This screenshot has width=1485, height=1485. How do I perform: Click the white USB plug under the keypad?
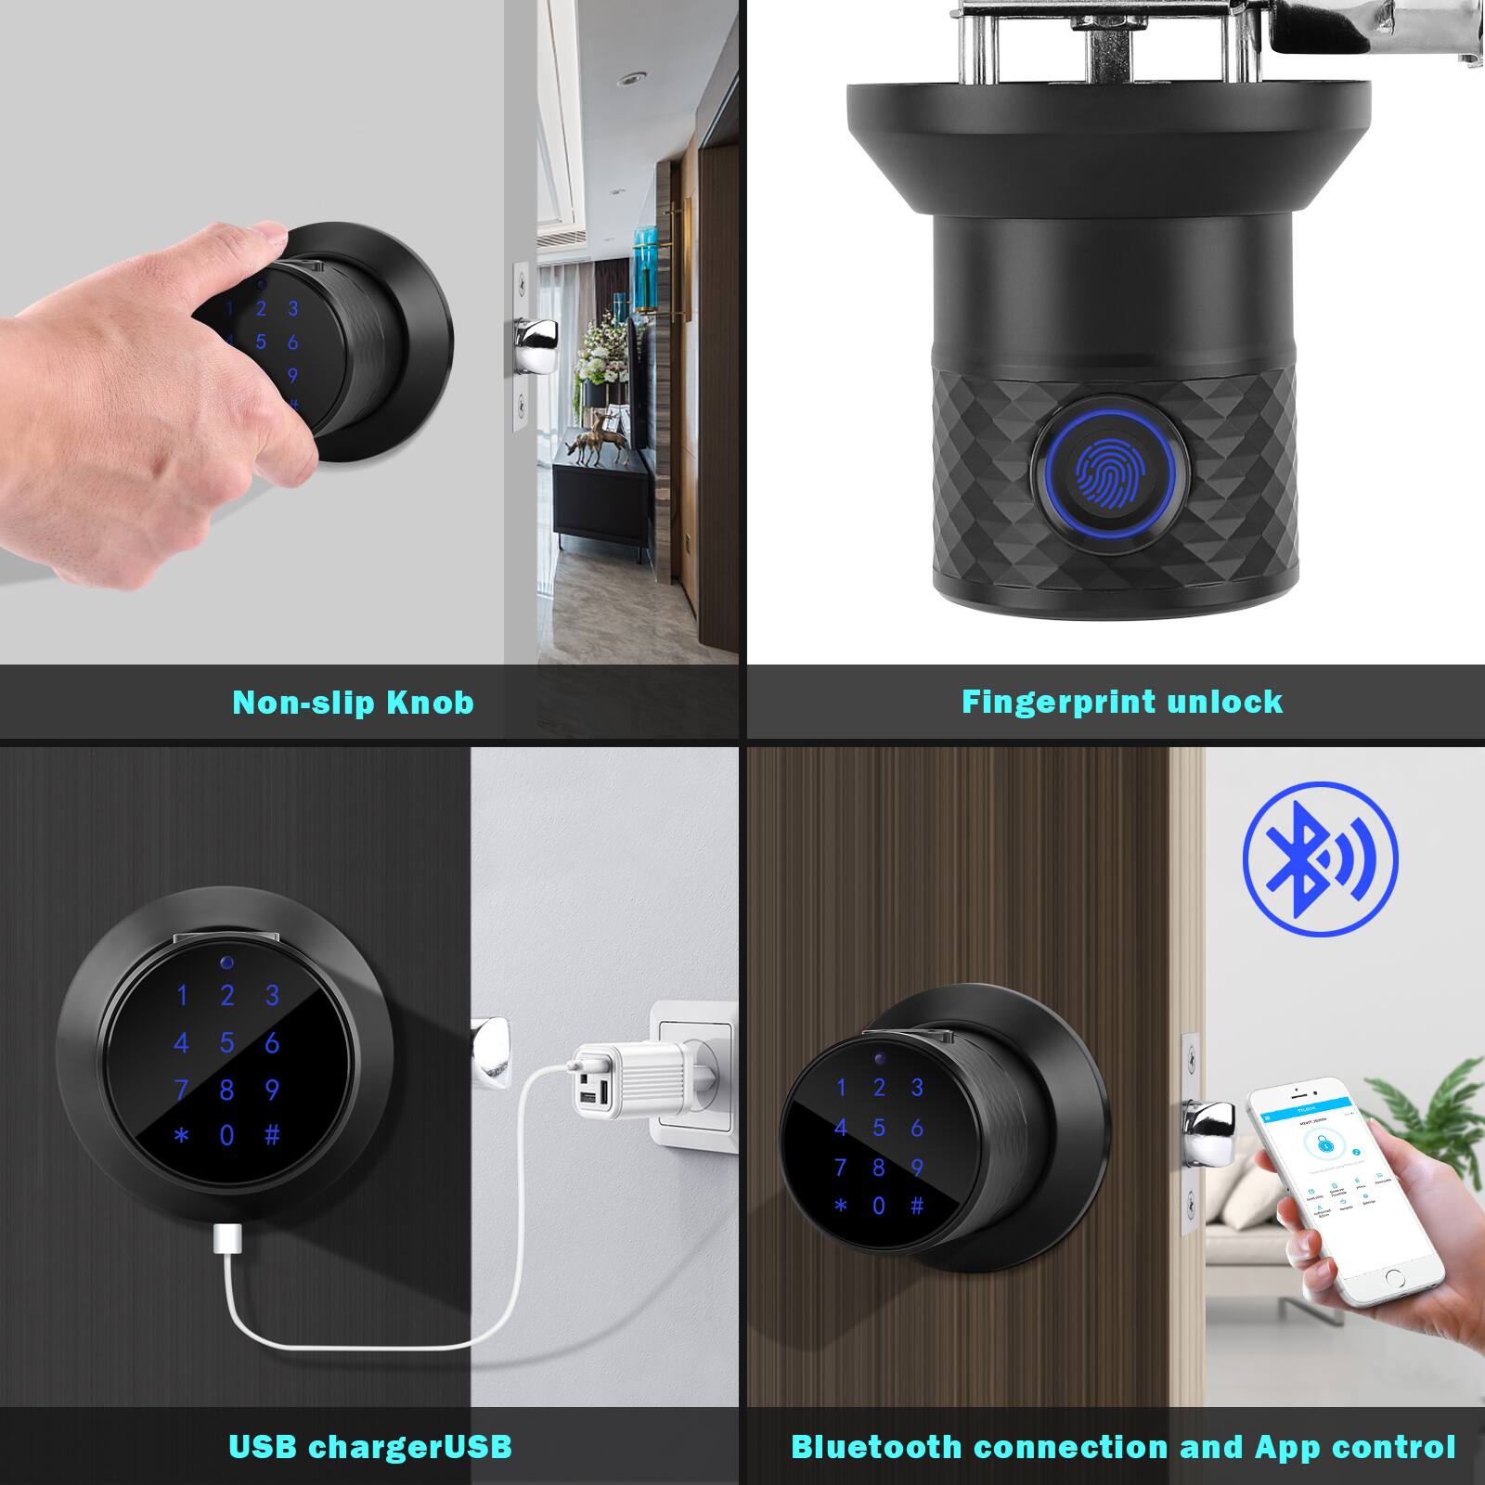[228, 1236]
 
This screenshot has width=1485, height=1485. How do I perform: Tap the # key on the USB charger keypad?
[272, 1135]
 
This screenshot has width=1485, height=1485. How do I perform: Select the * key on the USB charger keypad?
[182, 1135]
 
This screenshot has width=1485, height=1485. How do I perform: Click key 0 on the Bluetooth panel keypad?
[879, 1206]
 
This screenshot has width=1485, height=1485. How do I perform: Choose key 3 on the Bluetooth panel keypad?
[917, 1087]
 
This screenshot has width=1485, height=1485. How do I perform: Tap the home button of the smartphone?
[1392, 1279]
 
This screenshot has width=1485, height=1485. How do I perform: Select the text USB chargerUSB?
[369, 1447]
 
